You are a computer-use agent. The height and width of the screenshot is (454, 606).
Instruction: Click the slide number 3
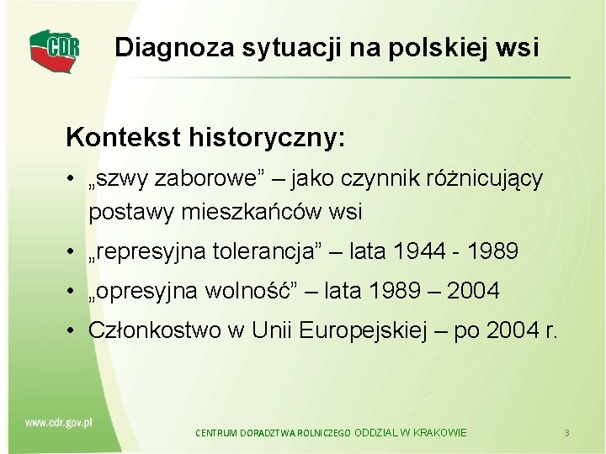pyautogui.click(x=567, y=432)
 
